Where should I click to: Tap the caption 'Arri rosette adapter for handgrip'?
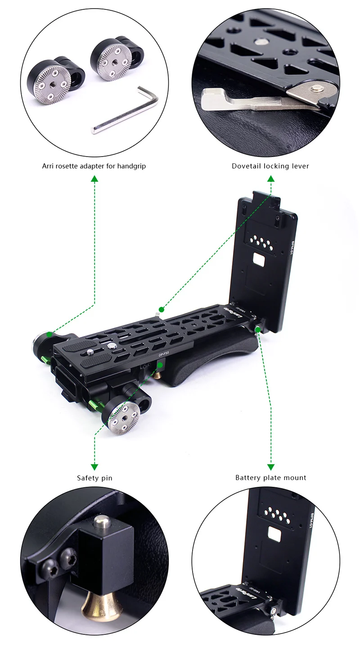94,166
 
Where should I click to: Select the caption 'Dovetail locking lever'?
270,166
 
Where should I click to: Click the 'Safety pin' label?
94,478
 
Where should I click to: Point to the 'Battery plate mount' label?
270,478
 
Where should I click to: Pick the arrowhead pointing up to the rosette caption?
94,179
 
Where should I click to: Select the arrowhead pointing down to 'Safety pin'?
94,467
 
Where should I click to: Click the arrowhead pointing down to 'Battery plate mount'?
270,467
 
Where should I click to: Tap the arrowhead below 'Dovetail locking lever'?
270,179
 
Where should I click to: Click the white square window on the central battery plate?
259,260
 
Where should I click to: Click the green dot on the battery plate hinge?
257,330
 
